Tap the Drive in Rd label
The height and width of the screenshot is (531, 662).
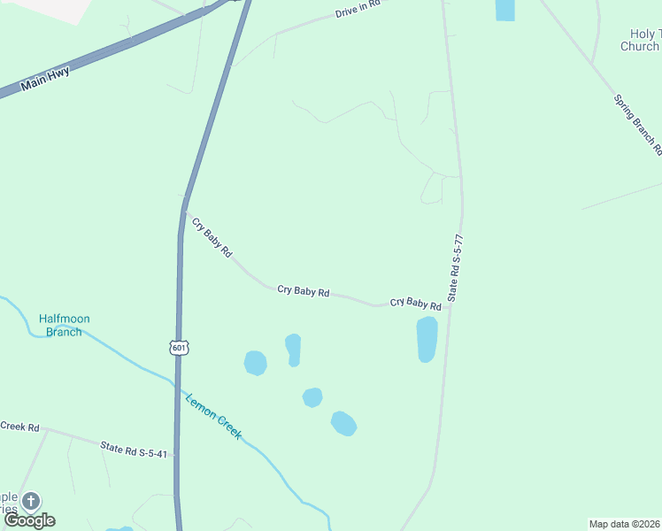pos(358,10)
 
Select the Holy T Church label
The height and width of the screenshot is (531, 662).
pos(640,40)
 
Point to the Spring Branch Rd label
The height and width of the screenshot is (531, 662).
pos(637,119)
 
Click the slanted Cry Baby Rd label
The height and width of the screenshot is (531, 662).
pos(212,237)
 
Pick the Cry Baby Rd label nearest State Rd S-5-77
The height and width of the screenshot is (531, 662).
pos(415,303)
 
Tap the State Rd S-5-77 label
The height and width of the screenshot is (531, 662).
pos(456,269)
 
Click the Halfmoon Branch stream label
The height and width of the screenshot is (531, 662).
pos(64,325)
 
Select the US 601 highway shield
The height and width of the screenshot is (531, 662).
pos(180,348)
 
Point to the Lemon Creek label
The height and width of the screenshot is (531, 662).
pos(213,416)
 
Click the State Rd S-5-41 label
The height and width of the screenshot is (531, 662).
pos(134,451)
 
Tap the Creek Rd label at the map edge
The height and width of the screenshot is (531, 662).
pos(19,427)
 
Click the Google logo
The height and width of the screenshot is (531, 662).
pos(29,520)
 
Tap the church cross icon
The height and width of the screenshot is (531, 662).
pos(31,501)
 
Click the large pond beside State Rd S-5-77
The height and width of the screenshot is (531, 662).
pos(427,339)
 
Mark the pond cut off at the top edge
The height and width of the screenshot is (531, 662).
pos(504,9)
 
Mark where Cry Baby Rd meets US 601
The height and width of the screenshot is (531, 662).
pos(183,212)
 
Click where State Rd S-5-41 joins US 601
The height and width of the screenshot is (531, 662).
pos(177,457)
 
